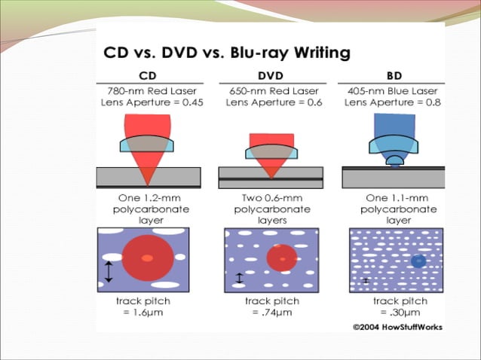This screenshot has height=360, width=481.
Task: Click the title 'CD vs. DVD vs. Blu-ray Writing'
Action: tap(226, 53)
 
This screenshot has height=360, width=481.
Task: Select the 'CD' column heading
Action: tap(148, 75)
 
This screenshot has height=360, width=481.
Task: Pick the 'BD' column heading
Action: tap(393, 75)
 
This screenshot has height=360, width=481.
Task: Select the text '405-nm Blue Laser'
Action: tap(393, 90)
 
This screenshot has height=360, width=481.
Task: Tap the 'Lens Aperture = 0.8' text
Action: tap(393, 102)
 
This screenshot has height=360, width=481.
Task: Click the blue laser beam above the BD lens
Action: tap(393, 124)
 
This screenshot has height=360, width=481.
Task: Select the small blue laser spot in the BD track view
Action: tap(418, 261)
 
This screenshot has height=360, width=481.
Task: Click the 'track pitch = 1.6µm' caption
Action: tap(143, 306)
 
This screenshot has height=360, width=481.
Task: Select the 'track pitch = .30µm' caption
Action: tap(395, 306)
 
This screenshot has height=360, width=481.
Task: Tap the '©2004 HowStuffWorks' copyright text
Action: tap(397, 327)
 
